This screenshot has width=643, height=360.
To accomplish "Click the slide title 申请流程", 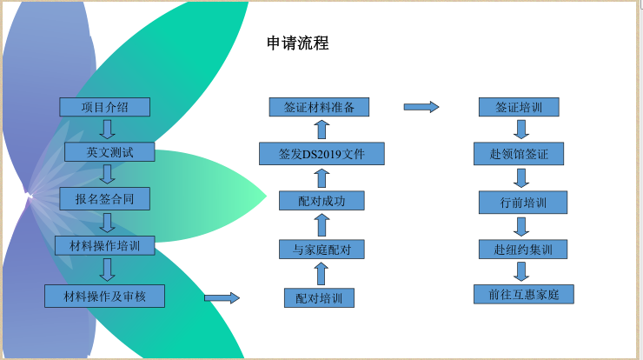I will coord(298,43).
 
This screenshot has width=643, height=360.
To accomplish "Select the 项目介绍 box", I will coord(105,107).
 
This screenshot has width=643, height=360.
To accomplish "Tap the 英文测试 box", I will coord(109,152).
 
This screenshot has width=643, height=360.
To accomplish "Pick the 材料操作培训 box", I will coord(104,245).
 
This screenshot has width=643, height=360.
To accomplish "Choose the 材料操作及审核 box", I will coord(104,296).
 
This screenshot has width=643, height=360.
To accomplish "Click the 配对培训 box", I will coord(319,298).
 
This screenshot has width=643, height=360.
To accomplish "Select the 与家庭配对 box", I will coord(321,250).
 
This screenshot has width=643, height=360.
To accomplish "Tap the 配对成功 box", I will coord(321,201).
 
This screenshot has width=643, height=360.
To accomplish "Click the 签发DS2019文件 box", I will coord(321,155).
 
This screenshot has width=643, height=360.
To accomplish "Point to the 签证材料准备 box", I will coord(320,107).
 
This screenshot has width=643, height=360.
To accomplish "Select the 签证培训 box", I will coord(519,107).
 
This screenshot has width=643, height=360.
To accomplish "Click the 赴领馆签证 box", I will coord(519,154).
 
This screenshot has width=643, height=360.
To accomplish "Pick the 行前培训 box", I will coord(522,202).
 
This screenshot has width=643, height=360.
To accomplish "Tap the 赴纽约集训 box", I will coord(522,250).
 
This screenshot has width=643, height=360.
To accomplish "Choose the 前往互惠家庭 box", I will coord(524,294).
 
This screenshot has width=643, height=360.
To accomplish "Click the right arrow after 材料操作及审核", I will coord(222,298).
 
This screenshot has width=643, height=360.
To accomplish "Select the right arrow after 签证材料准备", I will coord(421,107).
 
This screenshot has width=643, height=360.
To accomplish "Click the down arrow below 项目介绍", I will coord(108,130).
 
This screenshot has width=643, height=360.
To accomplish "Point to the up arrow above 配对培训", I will coord(321,274).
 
